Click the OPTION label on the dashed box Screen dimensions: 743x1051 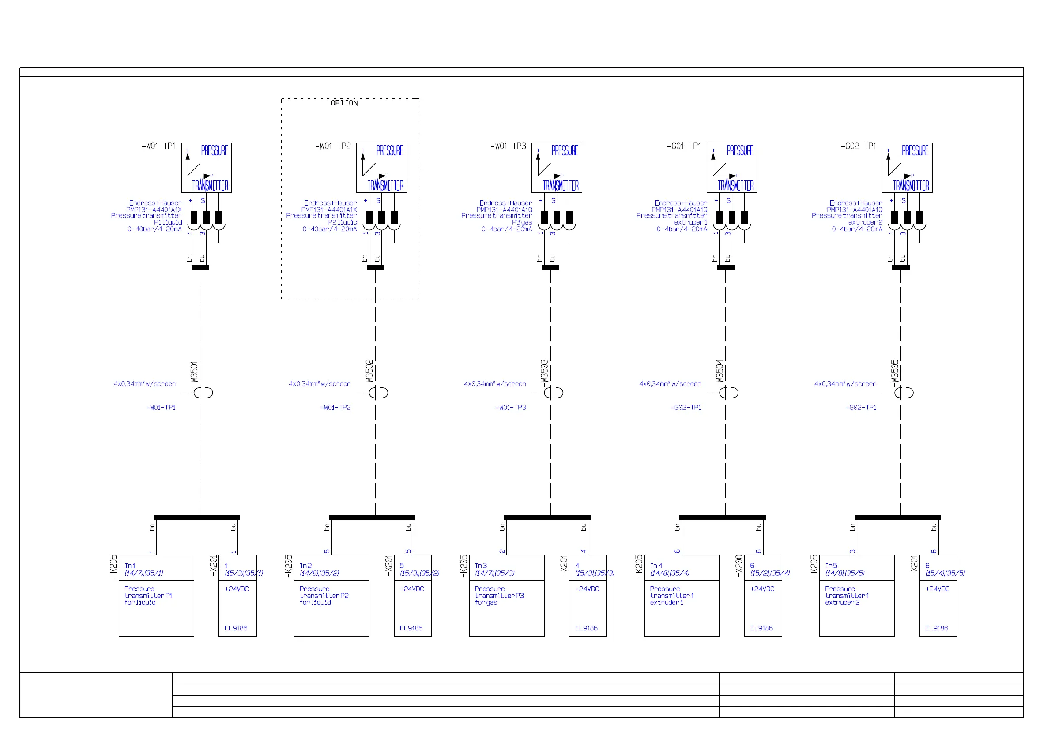pos(344,103)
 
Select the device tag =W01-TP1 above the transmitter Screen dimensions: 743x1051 pos(158,146)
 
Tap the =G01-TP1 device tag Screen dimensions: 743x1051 pos(684,146)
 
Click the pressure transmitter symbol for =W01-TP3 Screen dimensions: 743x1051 pos(557,168)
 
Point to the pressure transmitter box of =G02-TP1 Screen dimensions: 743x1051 pos(907,168)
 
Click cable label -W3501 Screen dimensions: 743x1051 pos(194,371)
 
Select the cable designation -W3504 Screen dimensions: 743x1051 pos(719,371)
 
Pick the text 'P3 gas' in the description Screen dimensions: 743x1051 pos(522,222)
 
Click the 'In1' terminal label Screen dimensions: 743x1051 pos(130,566)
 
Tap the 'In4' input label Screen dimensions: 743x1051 pos(656,566)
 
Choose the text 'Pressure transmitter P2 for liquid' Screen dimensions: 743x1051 pos(324,596)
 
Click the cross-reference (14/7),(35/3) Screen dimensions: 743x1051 pos(495,573)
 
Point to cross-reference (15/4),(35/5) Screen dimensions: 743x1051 pos(945,573)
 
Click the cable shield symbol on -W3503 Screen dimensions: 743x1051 pos(554,393)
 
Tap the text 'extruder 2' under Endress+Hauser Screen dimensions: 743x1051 pos(865,222)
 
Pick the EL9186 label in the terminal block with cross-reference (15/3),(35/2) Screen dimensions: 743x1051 pos(411,628)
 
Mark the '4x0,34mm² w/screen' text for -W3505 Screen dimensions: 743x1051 pos(845,384)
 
